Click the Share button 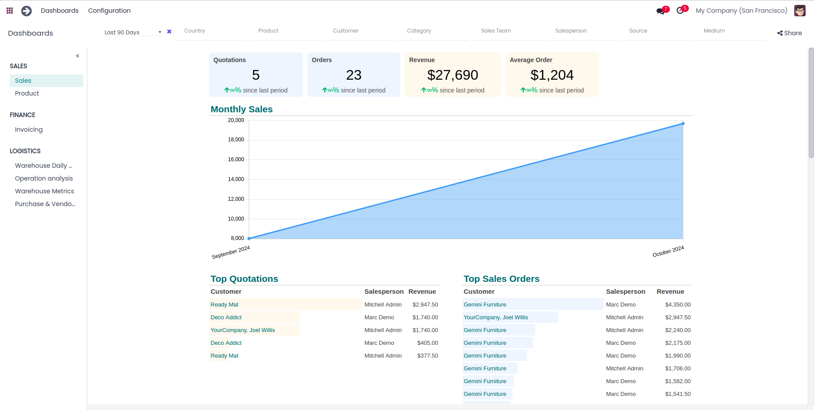[x=789, y=33]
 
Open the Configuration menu [x=109, y=11]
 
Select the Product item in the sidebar [x=27, y=93]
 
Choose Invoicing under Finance [x=29, y=129]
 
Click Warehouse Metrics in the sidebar [x=45, y=191]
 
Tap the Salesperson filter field [x=581, y=31]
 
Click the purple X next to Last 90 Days [x=169, y=32]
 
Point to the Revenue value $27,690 [x=452, y=75]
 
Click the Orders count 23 [x=354, y=75]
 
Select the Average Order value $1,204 [x=552, y=75]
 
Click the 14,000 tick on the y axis [x=236, y=179]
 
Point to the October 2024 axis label [x=668, y=251]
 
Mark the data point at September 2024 [x=249, y=238]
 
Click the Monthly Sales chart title [x=242, y=109]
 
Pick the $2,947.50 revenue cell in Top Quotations [x=425, y=305]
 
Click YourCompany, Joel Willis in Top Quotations [x=243, y=330]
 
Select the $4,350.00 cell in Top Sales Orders [x=678, y=305]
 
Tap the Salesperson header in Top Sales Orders [x=625, y=292]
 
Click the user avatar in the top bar [x=800, y=11]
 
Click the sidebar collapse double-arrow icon [x=78, y=56]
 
